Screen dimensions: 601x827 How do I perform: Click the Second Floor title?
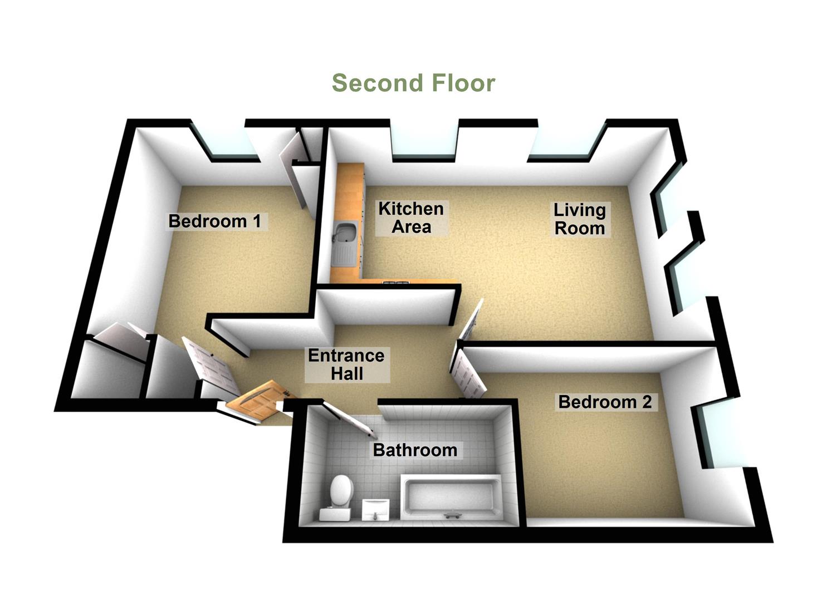tap(413, 83)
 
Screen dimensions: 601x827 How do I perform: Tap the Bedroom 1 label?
tap(214, 221)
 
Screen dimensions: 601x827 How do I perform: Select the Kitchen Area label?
tap(411, 218)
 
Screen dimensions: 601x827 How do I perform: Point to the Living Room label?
tap(579, 219)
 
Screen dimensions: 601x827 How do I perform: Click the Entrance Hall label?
tap(346, 364)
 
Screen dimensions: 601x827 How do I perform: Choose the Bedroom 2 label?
tap(605, 402)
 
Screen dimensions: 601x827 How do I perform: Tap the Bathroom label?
tap(415, 450)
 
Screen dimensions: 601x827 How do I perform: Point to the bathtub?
tap(451, 496)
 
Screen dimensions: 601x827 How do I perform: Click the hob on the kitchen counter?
tap(395, 283)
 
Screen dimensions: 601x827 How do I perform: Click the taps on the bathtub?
tap(452, 515)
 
